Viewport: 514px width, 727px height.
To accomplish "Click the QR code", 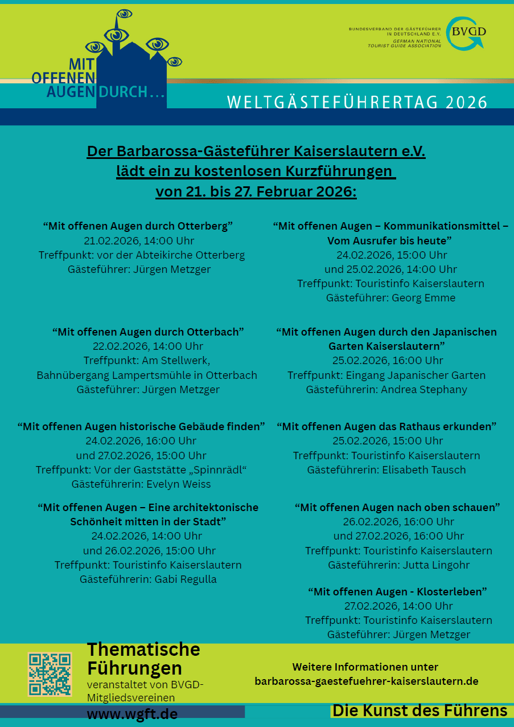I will [50, 674].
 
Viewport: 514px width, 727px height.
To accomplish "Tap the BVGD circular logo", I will [465, 32].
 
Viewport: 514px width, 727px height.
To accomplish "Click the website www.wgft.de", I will [132, 714].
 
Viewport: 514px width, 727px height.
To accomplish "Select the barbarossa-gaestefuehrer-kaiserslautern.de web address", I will [366, 681].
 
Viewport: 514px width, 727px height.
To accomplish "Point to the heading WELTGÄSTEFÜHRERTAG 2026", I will [357, 102].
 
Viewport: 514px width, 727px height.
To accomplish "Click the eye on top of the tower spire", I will [124, 13].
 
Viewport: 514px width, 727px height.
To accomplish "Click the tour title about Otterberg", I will [138, 226].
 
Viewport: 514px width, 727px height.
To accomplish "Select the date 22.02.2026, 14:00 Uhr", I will [148, 346].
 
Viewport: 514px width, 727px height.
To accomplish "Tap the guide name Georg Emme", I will [423, 297].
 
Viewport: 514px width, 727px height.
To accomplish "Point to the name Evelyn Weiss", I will [179, 484].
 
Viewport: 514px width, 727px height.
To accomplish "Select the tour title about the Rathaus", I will [386, 426].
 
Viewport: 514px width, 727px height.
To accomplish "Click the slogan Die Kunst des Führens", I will [420, 710].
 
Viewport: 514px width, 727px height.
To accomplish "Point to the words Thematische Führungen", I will [143, 659].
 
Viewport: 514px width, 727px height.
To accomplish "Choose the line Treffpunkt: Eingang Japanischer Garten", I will [386, 375].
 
